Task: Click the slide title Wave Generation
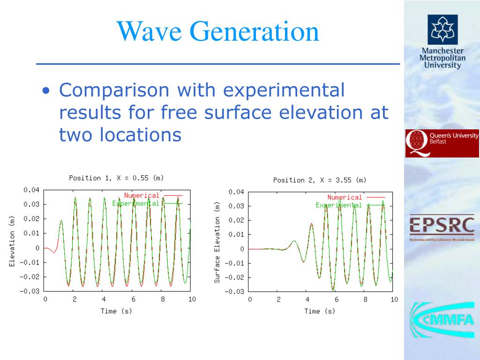point(218,31)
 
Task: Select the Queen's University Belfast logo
point(442,143)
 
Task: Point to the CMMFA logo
point(442,320)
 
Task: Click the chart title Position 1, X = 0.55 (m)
point(116,178)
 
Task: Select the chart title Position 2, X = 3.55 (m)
point(320,180)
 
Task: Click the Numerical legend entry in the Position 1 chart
point(142,195)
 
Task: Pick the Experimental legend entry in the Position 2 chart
point(338,205)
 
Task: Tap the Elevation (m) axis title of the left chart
point(12,241)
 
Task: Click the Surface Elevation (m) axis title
point(217,243)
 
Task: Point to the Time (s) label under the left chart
point(116,311)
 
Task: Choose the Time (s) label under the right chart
point(320,311)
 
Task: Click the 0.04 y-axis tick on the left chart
point(32,190)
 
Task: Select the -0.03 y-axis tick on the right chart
point(235,292)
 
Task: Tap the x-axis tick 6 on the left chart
point(133,299)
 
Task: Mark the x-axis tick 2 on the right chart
point(278,300)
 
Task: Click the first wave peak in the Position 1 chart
point(61,220)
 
